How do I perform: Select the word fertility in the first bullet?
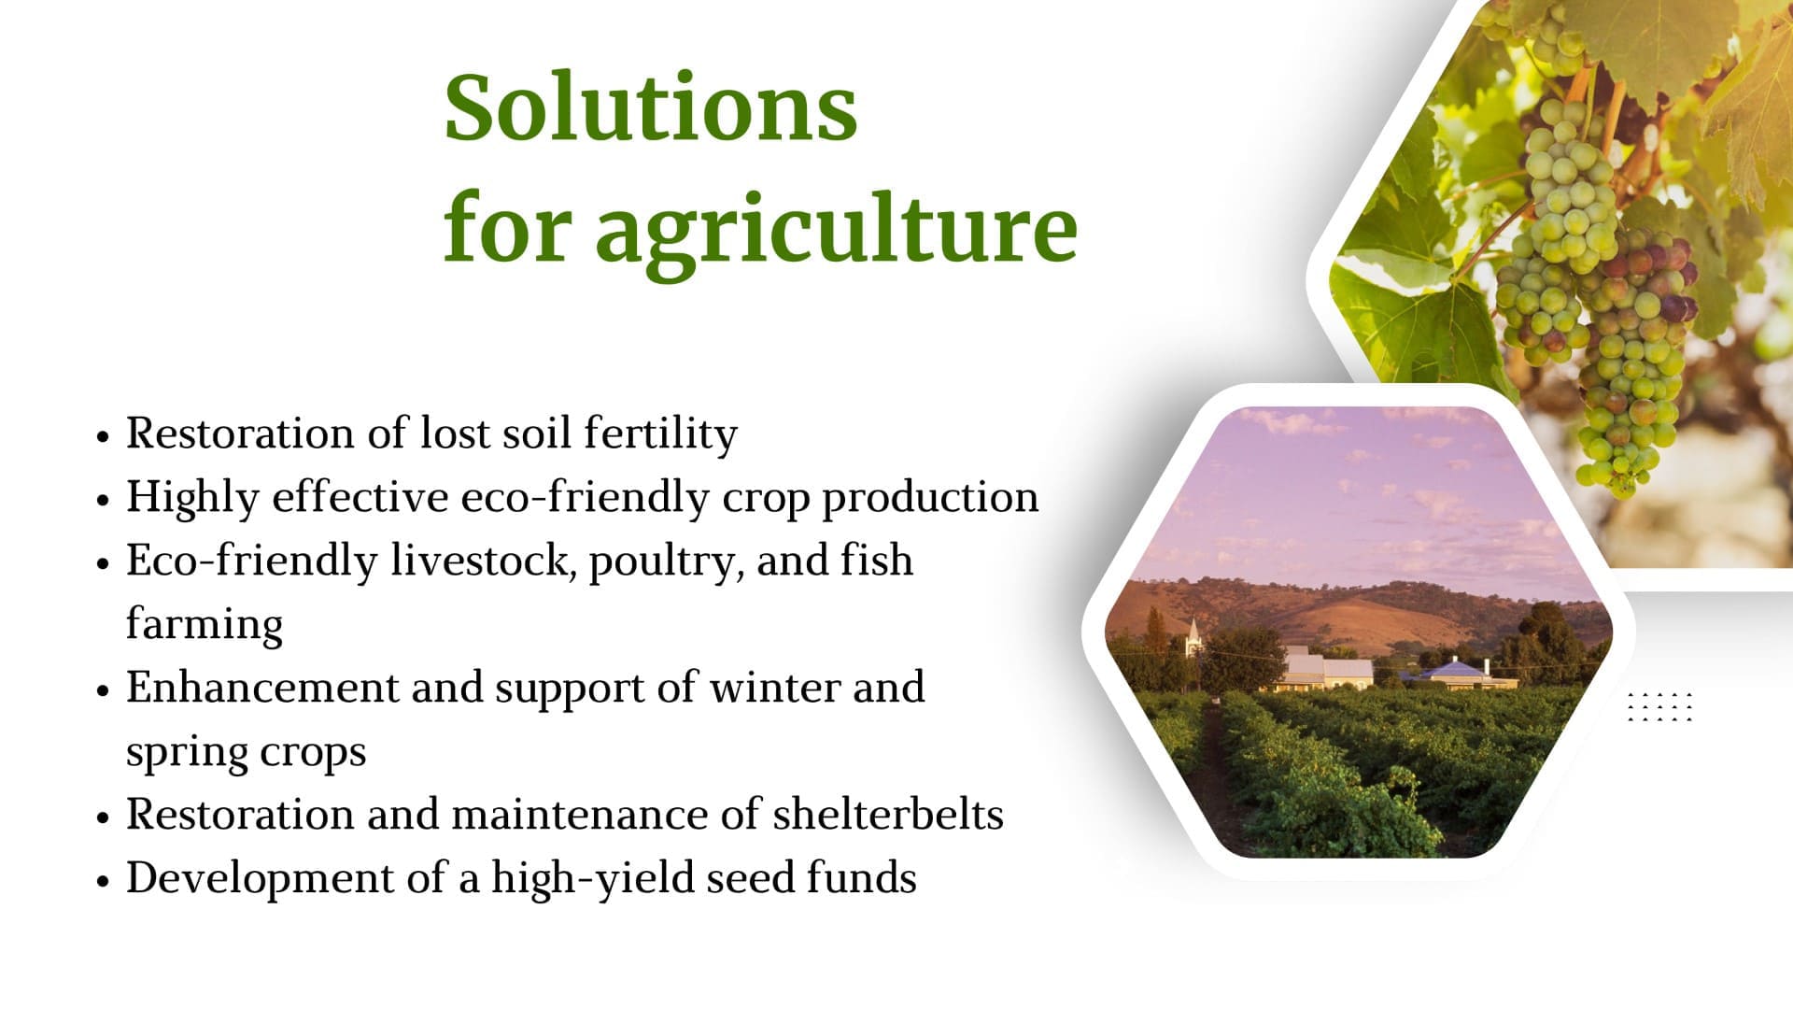(x=660, y=434)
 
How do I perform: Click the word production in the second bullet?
(x=930, y=498)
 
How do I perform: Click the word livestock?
(x=483, y=561)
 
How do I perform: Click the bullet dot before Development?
(x=104, y=881)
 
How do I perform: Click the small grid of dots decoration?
(x=1660, y=707)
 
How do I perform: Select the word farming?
(x=205, y=625)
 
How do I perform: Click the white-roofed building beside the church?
(x=1327, y=669)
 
